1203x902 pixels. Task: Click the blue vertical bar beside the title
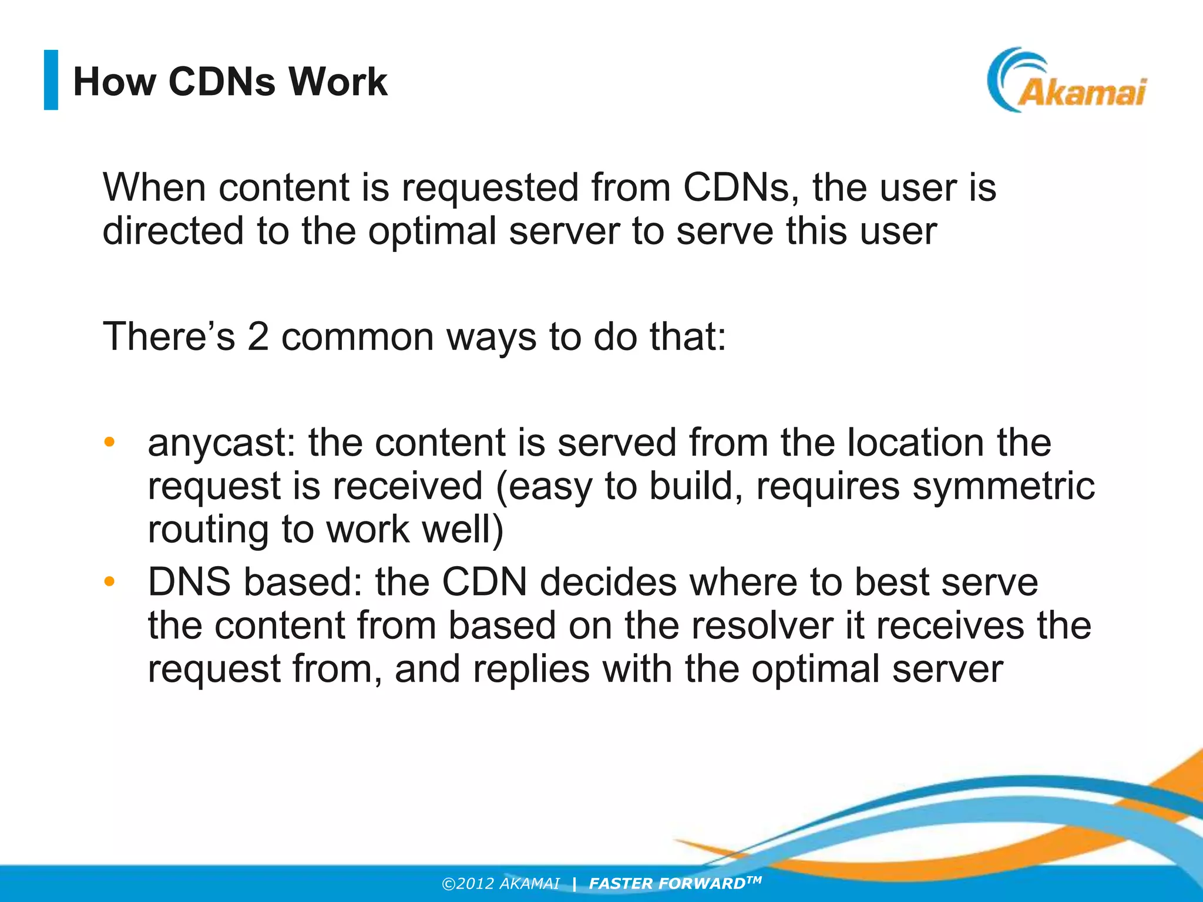[x=51, y=80]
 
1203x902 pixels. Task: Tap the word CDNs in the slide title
[x=221, y=82]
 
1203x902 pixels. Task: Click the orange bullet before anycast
[x=109, y=442]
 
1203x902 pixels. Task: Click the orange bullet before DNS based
[x=109, y=582]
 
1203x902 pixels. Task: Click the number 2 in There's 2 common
[x=258, y=337]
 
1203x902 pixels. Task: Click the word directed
[x=173, y=231]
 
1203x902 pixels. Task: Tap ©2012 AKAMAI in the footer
[x=500, y=884]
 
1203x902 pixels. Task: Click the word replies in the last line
[x=531, y=669]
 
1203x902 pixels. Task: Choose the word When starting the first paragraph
[x=154, y=188]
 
